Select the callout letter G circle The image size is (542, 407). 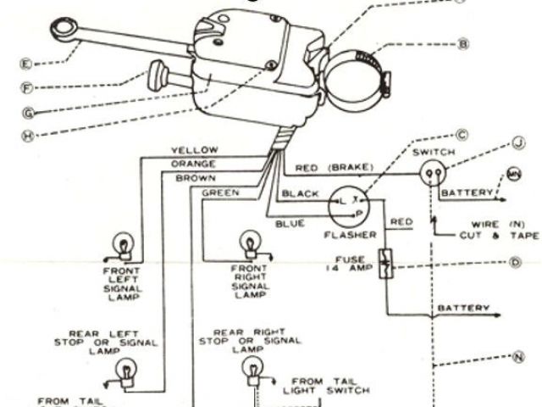[x=28, y=110]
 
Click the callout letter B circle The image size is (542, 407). [x=463, y=42]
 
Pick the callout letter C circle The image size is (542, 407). [x=462, y=134]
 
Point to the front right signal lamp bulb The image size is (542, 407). [x=251, y=242]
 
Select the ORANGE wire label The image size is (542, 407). [x=193, y=164]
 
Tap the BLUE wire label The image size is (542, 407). [x=290, y=224]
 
